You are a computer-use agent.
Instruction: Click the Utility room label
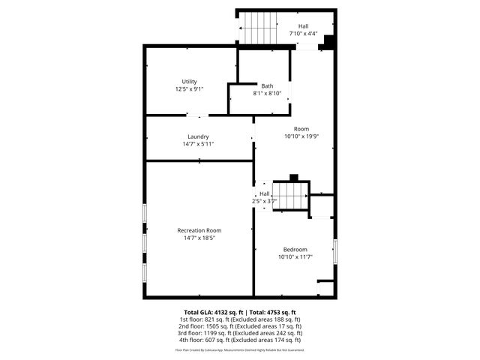click(189, 81)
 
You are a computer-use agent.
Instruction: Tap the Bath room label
click(267, 85)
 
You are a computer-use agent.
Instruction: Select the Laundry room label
click(198, 136)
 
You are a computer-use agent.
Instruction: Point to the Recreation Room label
click(199, 230)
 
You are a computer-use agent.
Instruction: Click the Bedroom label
click(295, 249)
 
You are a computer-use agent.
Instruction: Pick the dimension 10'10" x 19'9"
click(301, 136)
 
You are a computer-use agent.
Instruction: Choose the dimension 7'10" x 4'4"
click(303, 34)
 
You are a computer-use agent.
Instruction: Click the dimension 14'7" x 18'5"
click(199, 238)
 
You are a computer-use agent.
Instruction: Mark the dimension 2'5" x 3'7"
click(264, 201)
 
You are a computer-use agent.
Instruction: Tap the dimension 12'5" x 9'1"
click(189, 88)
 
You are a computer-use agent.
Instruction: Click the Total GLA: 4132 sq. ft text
click(208, 312)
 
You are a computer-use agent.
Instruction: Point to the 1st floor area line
click(239, 319)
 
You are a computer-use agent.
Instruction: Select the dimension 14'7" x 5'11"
click(198, 143)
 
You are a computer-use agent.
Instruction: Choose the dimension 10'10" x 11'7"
click(295, 256)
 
